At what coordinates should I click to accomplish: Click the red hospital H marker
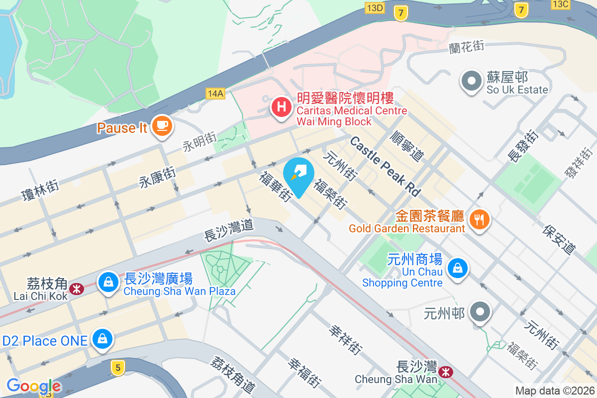(281, 106)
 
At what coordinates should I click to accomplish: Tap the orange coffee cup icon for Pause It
(162, 124)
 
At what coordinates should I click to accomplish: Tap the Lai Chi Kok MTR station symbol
(77, 289)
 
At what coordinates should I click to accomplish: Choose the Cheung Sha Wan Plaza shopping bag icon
(107, 282)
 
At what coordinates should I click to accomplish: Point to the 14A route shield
(216, 93)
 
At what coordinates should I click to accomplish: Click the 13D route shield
(374, 7)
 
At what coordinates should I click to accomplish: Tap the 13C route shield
(560, 4)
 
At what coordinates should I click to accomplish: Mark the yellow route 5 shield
(117, 368)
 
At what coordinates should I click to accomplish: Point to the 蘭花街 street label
(466, 47)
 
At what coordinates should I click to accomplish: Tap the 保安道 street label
(560, 239)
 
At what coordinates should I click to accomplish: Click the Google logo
(33, 386)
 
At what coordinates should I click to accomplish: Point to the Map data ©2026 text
(555, 391)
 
